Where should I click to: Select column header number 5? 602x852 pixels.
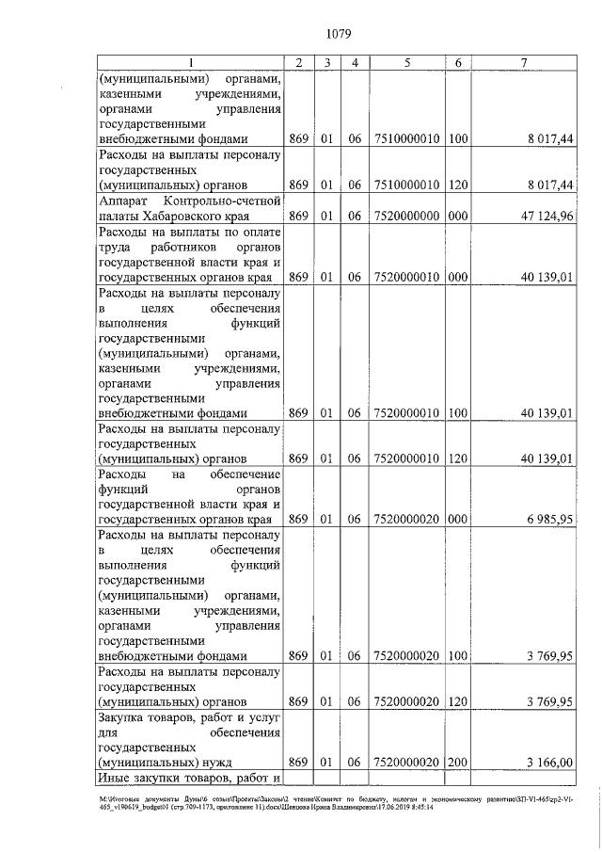406,63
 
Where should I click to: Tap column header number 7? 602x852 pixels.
524,63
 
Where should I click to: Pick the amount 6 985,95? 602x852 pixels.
547,519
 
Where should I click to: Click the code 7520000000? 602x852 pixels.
406,216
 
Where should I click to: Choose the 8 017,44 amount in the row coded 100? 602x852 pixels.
547,139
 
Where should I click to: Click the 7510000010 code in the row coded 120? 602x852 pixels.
406,185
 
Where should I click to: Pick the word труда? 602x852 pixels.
114,246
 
